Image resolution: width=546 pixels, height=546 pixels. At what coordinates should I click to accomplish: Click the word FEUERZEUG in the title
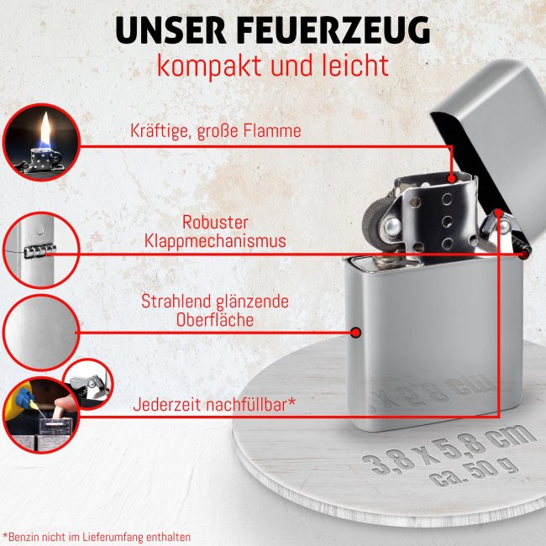coord(333,30)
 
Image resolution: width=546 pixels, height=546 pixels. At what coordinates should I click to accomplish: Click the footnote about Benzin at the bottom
coord(97,535)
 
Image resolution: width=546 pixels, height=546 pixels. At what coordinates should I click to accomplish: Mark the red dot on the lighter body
coord(355,333)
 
